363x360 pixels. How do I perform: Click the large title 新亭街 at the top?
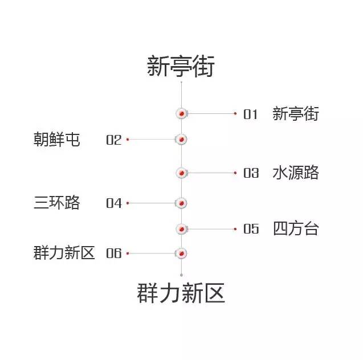tap(181, 66)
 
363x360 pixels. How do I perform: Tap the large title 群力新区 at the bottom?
tap(181, 293)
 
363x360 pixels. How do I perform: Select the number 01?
tap(251, 114)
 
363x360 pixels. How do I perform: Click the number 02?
tap(113, 140)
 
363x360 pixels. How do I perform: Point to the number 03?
tap(251, 173)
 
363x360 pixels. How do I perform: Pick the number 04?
tap(114, 203)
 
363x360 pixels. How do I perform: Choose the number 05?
tap(251, 229)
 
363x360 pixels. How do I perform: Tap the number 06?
tap(113, 253)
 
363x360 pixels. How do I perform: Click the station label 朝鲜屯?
tap(57, 140)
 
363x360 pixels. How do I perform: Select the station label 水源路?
tap(296, 173)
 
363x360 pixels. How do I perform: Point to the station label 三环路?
tap(57, 203)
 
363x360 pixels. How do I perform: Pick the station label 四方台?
tap(296, 228)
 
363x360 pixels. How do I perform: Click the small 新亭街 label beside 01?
tap(296, 114)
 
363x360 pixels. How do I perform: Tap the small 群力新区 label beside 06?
tap(64, 253)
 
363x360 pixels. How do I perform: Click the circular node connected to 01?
tap(181, 113)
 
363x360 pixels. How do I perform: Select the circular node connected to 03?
tap(181, 173)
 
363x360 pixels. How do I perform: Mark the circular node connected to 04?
tap(181, 203)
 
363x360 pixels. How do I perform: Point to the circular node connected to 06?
tap(181, 253)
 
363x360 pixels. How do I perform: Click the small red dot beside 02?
tap(128, 140)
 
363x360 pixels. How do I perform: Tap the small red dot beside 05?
tap(235, 229)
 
